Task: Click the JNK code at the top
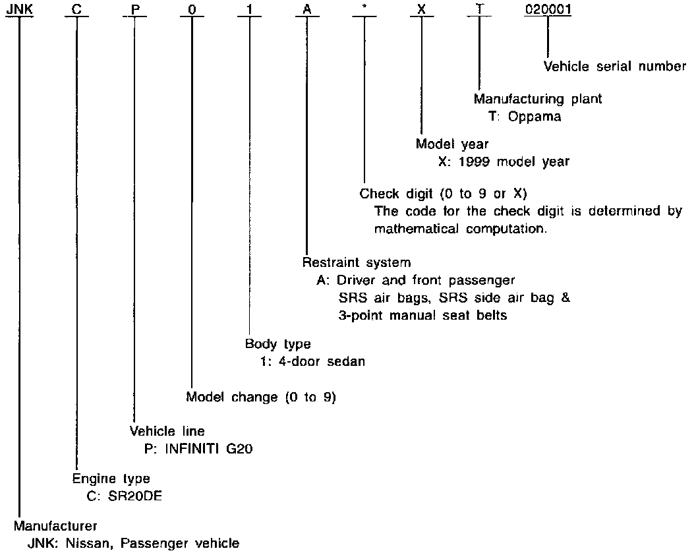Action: [17, 9]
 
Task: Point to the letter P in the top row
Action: [134, 9]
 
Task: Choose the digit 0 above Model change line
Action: [191, 9]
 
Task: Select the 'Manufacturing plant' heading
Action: [538, 99]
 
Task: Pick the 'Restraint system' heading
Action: [357, 262]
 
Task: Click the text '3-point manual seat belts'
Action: [422, 315]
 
